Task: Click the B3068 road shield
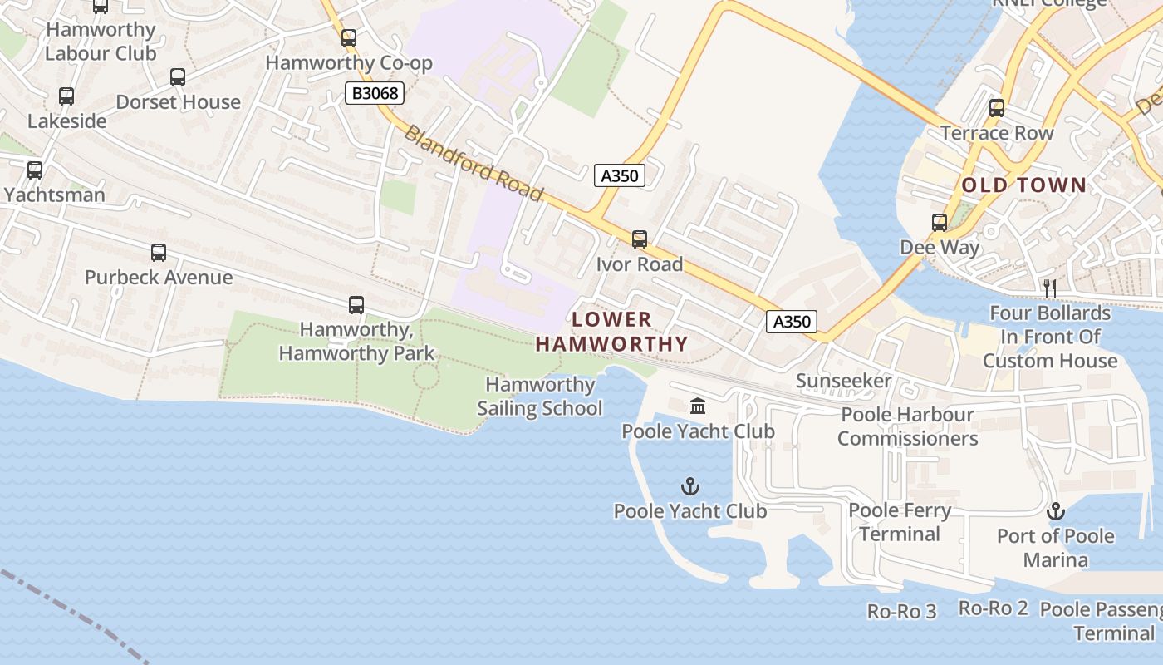pyautogui.click(x=375, y=93)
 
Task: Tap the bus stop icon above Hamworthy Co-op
pyautogui.click(x=349, y=37)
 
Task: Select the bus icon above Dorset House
pyautogui.click(x=178, y=77)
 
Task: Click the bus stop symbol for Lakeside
pyautogui.click(x=66, y=96)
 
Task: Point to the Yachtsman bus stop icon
pyautogui.click(x=35, y=170)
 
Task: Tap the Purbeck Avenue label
pyautogui.click(x=158, y=277)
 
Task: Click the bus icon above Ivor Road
pyautogui.click(x=639, y=239)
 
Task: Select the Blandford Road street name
pyautogui.click(x=474, y=163)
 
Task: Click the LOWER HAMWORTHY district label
pyautogui.click(x=612, y=332)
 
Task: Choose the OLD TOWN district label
pyautogui.click(x=1024, y=185)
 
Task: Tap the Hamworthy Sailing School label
pyautogui.click(x=540, y=397)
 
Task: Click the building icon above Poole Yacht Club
pyautogui.click(x=698, y=406)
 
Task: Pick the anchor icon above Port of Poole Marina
pyautogui.click(x=1055, y=510)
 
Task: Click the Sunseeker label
pyautogui.click(x=843, y=381)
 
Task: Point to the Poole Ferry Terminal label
pyautogui.click(x=900, y=522)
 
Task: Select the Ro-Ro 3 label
pyautogui.click(x=901, y=612)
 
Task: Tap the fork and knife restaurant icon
pyautogui.click(x=1050, y=288)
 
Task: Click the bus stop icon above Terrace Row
pyautogui.click(x=996, y=108)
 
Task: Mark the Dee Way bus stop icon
pyautogui.click(x=940, y=223)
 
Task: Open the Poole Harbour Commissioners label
pyautogui.click(x=906, y=426)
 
